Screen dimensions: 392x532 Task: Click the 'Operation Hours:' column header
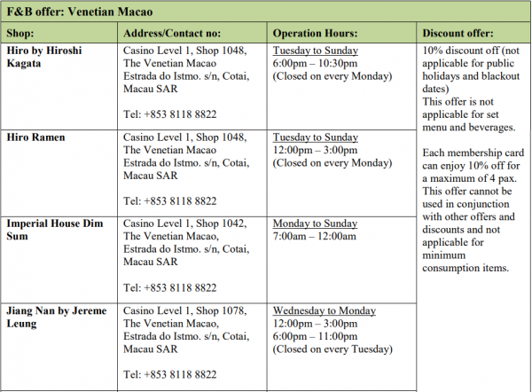pos(314,33)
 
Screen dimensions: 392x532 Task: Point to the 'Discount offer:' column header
pos(463,33)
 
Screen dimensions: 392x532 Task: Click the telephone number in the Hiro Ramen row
pos(169,201)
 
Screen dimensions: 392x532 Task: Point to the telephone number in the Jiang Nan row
pos(169,375)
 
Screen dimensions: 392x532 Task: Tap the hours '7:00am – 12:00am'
pos(314,237)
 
